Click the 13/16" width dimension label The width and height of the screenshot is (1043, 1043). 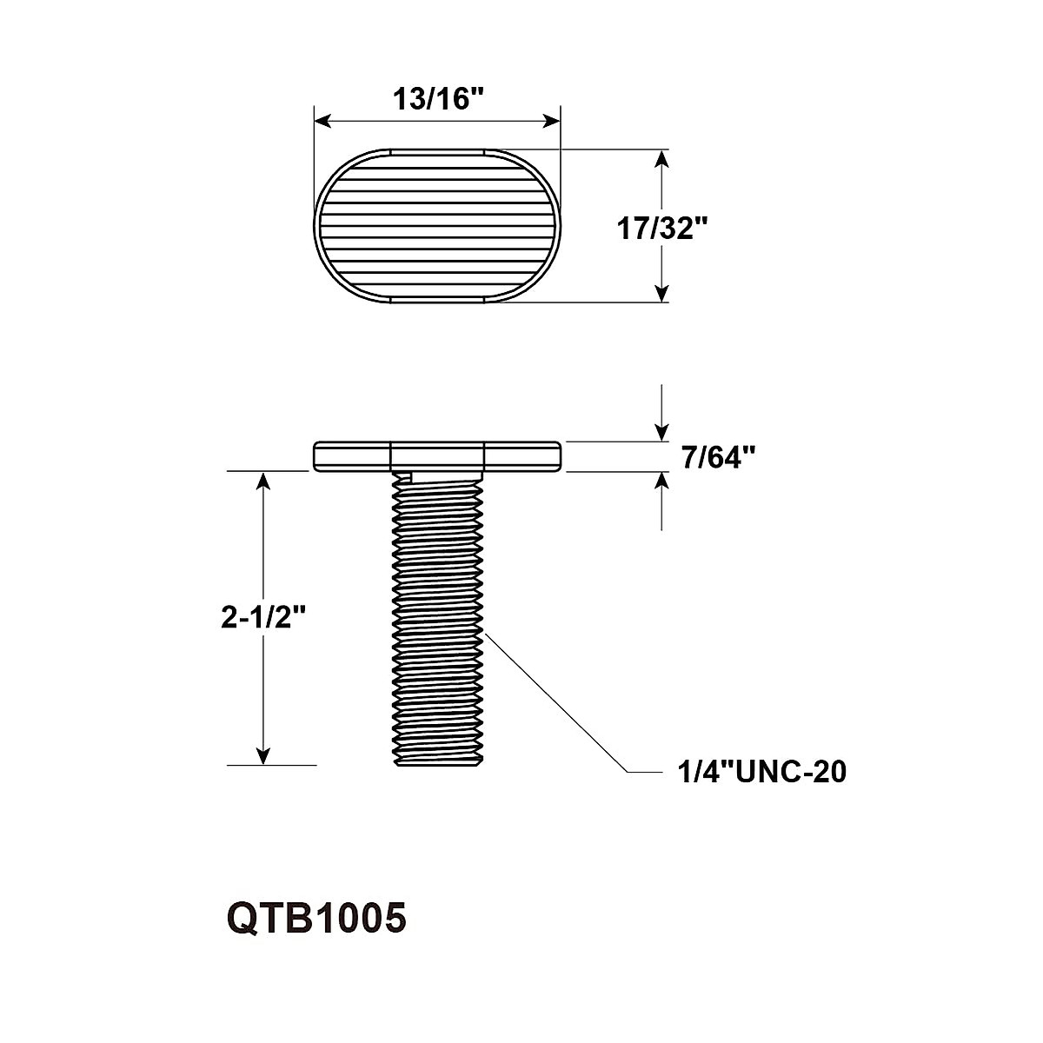coord(437,99)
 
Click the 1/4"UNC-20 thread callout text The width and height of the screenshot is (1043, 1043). coord(761,772)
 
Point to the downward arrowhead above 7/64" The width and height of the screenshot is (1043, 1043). coord(662,434)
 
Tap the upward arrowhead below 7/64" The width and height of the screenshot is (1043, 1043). coord(662,481)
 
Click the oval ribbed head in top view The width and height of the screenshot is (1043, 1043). coord(437,226)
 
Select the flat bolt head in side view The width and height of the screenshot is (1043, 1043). coord(437,456)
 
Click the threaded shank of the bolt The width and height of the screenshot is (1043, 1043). coord(437,617)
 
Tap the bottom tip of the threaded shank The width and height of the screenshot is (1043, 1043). coord(437,764)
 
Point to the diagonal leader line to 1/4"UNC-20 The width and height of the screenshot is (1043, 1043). coord(556,702)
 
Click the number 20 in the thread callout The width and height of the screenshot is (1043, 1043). coord(827,772)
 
